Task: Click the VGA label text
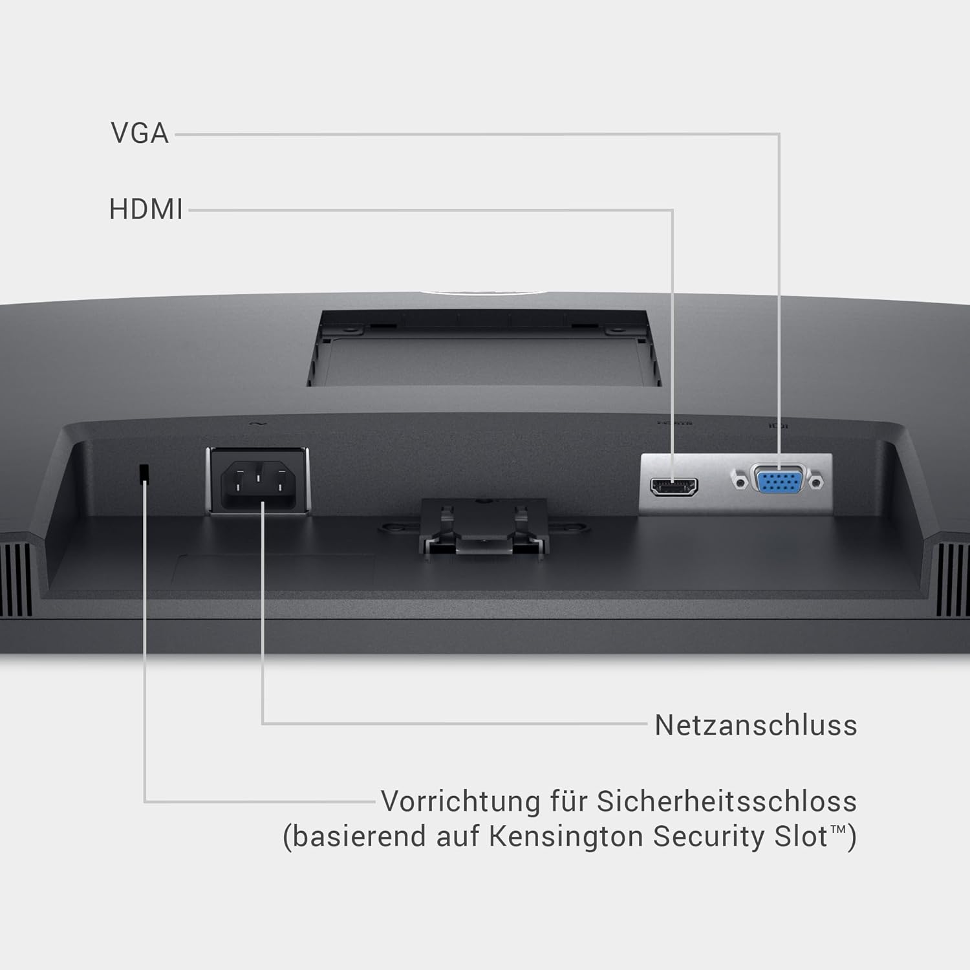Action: (140, 133)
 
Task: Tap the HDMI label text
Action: (146, 210)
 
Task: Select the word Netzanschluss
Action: (755, 725)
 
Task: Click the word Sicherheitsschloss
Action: (726, 801)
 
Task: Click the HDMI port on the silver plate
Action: (674, 486)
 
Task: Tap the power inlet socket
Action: (258, 482)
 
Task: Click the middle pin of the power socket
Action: (258, 479)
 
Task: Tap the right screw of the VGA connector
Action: (818, 482)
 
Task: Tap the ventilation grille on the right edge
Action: (954, 579)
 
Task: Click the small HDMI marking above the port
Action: (674, 423)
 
